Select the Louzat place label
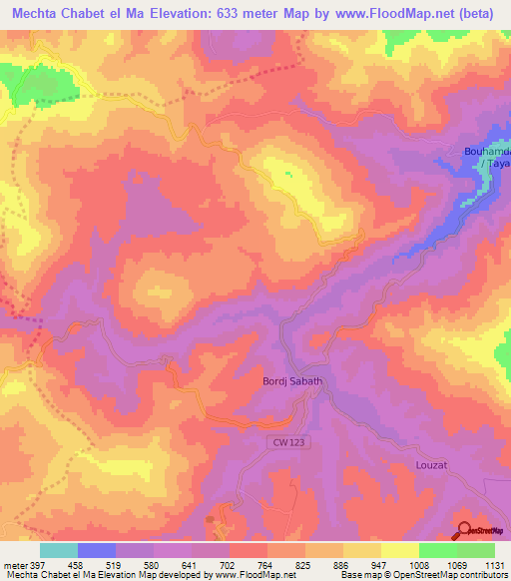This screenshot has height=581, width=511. [434, 465]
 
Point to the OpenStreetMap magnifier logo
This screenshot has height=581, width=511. [464, 531]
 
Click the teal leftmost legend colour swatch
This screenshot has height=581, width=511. [58, 550]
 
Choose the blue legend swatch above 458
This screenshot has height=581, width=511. [97, 550]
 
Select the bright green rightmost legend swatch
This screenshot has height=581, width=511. [476, 550]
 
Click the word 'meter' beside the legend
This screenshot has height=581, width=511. [11, 564]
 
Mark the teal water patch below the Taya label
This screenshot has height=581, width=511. [485, 181]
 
